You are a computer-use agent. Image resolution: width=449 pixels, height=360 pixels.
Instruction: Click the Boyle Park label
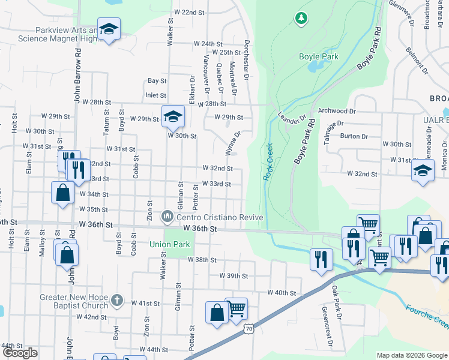point(319,57)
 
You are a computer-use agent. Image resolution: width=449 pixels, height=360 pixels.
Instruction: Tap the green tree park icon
point(300,19)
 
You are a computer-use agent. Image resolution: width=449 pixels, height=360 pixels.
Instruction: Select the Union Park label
point(170,244)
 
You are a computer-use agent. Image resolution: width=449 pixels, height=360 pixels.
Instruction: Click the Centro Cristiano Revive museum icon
point(167,215)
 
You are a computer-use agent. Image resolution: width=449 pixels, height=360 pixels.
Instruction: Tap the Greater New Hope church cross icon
point(116,298)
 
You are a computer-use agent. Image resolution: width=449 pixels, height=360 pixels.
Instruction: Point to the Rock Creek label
point(268,162)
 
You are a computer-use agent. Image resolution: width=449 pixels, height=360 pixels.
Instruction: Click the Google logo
point(20,353)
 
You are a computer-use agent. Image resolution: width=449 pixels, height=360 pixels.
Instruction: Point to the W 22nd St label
point(189,12)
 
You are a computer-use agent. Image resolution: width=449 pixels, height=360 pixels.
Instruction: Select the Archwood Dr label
point(337,111)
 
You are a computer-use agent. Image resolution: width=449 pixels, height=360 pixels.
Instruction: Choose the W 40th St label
point(282,293)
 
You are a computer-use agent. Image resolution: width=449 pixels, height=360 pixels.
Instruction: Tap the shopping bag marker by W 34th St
point(62,193)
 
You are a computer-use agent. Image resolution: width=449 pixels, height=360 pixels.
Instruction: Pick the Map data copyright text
point(411,355)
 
